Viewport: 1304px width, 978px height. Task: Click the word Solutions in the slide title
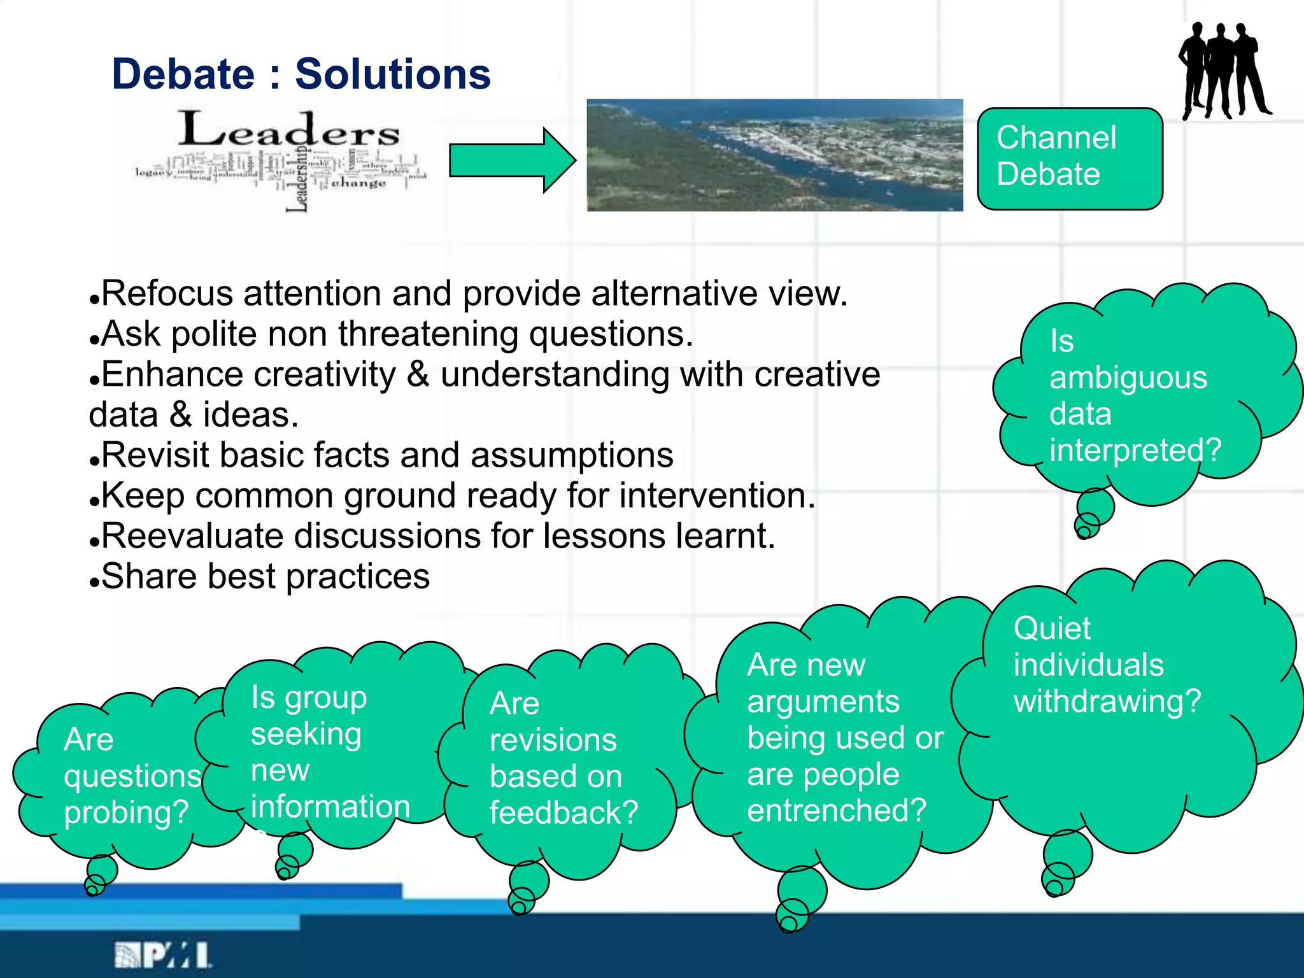[393, 74]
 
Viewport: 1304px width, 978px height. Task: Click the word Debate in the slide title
[183, 74]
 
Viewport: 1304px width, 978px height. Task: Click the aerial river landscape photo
[774, 155]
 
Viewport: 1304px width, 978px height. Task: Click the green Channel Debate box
[1070, 158]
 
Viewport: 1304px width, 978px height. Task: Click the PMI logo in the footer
[163, 955]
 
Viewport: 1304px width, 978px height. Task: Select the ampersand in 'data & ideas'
[181, 415]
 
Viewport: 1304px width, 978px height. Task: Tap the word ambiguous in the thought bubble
[1128, 378]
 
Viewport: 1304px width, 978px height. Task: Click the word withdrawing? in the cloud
[1107, 701]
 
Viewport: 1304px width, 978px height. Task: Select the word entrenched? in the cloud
[836, 811]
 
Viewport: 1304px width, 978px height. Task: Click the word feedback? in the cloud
[563, 813]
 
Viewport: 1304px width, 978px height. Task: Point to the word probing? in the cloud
[126, 813]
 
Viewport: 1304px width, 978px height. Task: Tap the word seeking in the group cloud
[306, 734]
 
